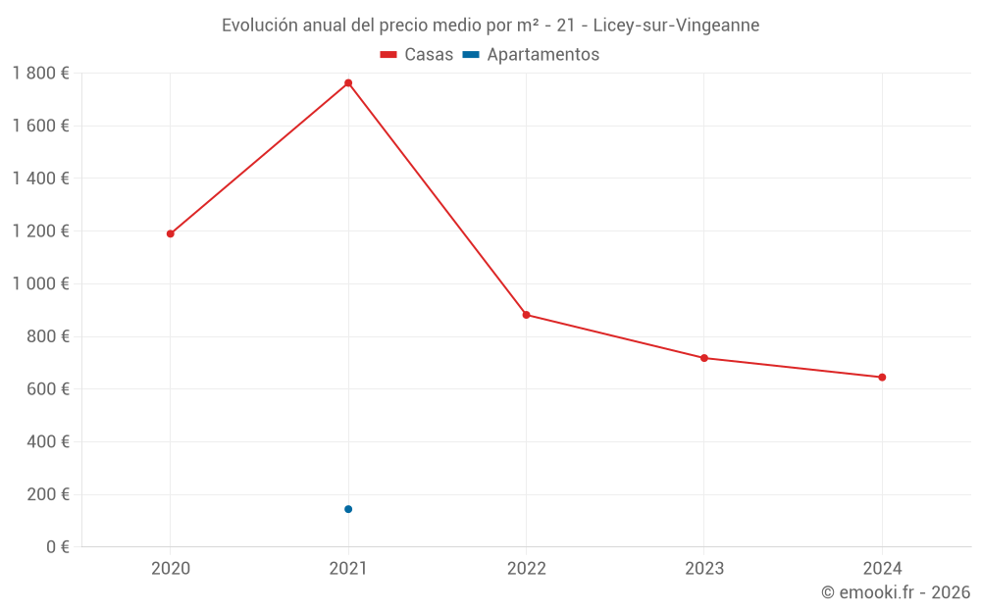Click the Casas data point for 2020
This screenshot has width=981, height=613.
[170, 233]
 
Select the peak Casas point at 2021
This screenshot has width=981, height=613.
[348, 83]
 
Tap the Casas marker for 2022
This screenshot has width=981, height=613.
[526, 315]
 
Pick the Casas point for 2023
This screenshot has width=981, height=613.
[704, 358]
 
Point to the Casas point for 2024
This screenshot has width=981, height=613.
[882, 378]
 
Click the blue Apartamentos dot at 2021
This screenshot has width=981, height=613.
[348, 509]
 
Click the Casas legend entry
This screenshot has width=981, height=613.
[417, 55]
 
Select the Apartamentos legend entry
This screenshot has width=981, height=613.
[531, 55]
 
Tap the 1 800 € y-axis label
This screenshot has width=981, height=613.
[41, 74]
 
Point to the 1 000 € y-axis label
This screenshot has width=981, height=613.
[41, 283]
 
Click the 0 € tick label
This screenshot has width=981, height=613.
[57, 547]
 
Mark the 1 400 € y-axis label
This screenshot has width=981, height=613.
[41, 179]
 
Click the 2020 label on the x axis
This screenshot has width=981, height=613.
[170, 568]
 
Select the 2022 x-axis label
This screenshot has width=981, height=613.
[526, 568]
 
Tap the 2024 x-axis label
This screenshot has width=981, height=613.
[882, 568]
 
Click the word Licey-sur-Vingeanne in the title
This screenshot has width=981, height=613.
[676, 26]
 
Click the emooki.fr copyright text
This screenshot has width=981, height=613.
[896, 592]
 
